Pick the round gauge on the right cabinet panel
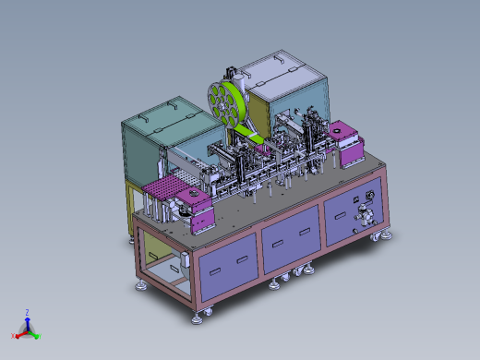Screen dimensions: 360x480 [370, 196]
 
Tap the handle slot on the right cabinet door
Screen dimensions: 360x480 [341, 215]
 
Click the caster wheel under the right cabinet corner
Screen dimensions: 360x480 [376, 237]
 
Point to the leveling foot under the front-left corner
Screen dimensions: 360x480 [197, 319]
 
